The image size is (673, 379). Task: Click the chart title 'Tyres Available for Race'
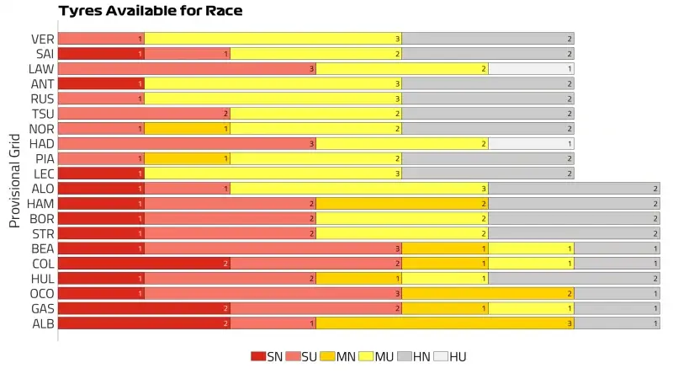[150, 11]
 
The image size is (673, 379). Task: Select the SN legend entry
[267, 356]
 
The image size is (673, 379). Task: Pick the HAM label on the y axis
[41, 204]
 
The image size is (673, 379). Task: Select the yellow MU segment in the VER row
[273, 39]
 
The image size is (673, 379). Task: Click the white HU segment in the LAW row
[531, 69]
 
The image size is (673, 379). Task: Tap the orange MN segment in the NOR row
[187, 129]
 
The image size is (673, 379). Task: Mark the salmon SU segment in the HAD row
[186, 144]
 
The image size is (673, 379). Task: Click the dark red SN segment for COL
[144, 264]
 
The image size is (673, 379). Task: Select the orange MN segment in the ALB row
[444, 323]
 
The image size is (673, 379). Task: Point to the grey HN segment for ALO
[574, 189]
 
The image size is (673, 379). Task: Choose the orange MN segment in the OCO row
[488, 293]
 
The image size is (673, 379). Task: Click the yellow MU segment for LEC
[273, 173]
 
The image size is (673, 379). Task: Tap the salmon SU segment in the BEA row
[273, 248]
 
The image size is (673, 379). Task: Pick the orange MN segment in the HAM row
[401, 204]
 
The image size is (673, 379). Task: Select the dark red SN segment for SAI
[101, 54]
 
